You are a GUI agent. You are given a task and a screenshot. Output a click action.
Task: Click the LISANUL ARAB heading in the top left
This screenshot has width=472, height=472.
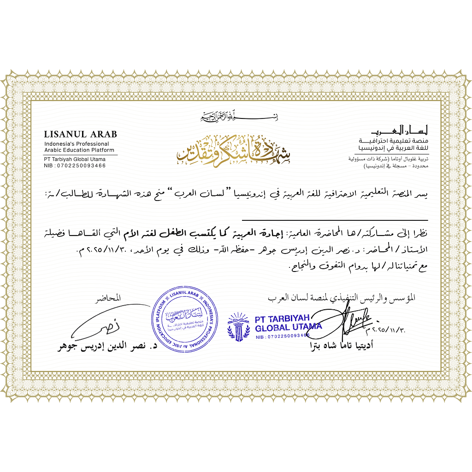[x=80, y=135]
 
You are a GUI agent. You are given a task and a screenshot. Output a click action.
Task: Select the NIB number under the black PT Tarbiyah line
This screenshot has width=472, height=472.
[x=75, y=166]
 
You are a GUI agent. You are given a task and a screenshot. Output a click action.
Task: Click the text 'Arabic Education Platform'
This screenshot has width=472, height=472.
[x=79, y=150]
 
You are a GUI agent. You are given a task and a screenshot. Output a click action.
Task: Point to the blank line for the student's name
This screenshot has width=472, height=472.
[x=335, y=220]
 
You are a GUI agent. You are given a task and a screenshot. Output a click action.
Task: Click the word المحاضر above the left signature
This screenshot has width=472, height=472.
[x=110, y=298]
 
